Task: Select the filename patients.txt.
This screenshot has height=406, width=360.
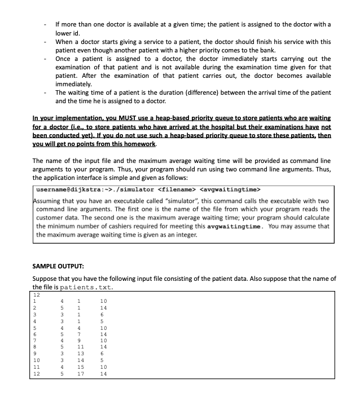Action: [x=86, y=287]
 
